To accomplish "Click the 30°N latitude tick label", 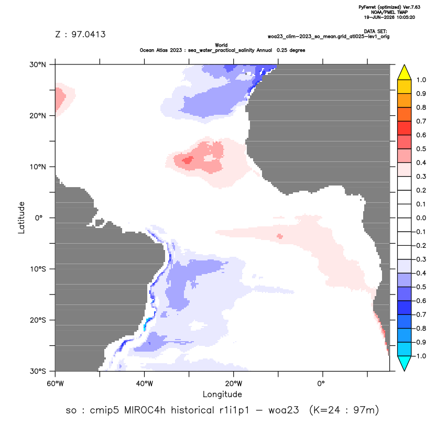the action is point(38,64).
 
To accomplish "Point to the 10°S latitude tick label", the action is point(38,269).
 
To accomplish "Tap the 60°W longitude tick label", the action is point(55,384).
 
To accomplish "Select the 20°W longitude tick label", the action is point(234,384).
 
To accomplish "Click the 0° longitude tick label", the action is point(321,384).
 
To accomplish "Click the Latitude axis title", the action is point(21,217).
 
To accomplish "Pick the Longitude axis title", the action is point(222,394).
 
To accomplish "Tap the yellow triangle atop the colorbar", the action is point(404,72).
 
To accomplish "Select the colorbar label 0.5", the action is point(421,149).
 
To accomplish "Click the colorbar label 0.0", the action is point(421,217).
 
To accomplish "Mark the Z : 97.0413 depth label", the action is point(80,35).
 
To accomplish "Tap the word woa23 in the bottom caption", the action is point(284,410).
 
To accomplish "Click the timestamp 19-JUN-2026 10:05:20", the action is point(389,17).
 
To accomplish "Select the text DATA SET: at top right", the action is point(375,31).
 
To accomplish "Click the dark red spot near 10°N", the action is point(188,160).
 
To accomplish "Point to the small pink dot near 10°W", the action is point(280,236).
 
